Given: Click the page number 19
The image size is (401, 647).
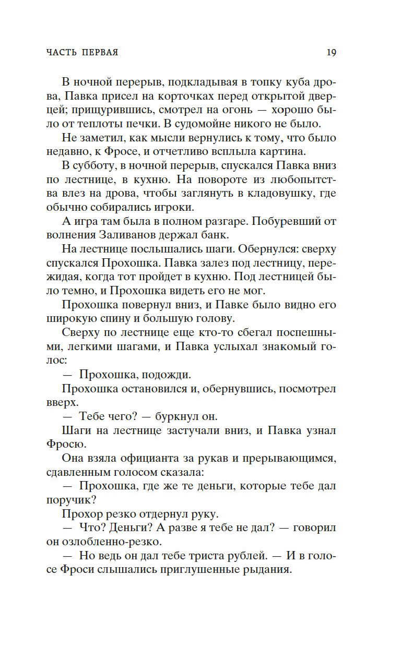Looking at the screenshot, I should point(331,52).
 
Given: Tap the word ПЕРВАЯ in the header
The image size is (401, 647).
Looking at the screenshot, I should point(99,53).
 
